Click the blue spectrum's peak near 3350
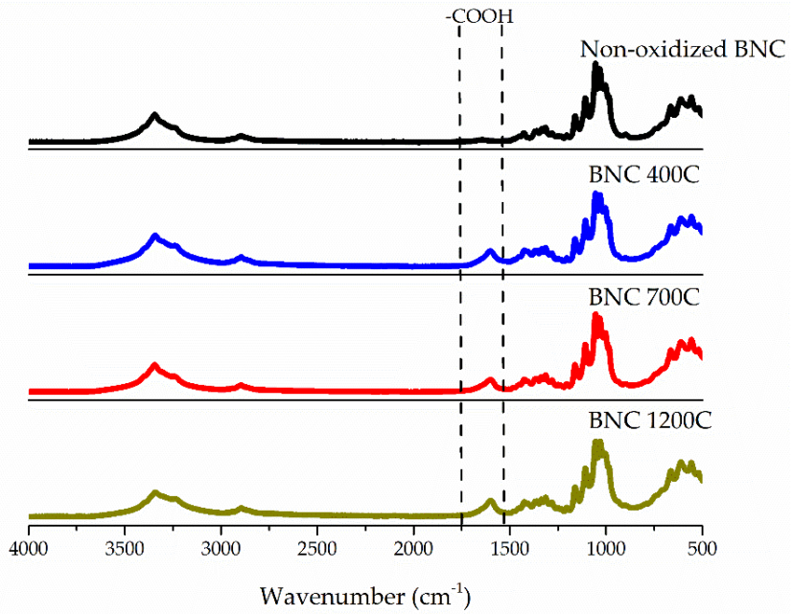coord(154,236)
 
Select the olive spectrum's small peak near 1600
coord(490,501)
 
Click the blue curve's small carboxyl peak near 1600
coord(490,253)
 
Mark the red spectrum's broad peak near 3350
coord(154,365)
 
